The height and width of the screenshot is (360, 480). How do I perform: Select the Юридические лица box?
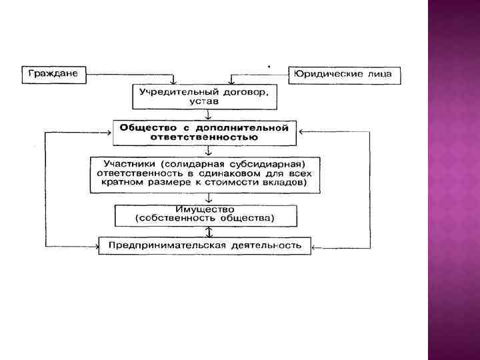pyautogui.click(x=345, y=75)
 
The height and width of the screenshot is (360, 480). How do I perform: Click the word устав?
pyautogui.click(x=204, y=101)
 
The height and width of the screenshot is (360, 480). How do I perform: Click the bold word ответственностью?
pyautogui.click(x=206, y=137)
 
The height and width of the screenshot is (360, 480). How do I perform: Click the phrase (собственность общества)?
pyautogui.click(x=205, y=219)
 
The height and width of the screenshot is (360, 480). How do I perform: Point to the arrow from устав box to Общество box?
pyautogui.click(x=209, y=115)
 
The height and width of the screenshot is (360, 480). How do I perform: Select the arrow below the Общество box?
pyautogui.click(x=209, y=151)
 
